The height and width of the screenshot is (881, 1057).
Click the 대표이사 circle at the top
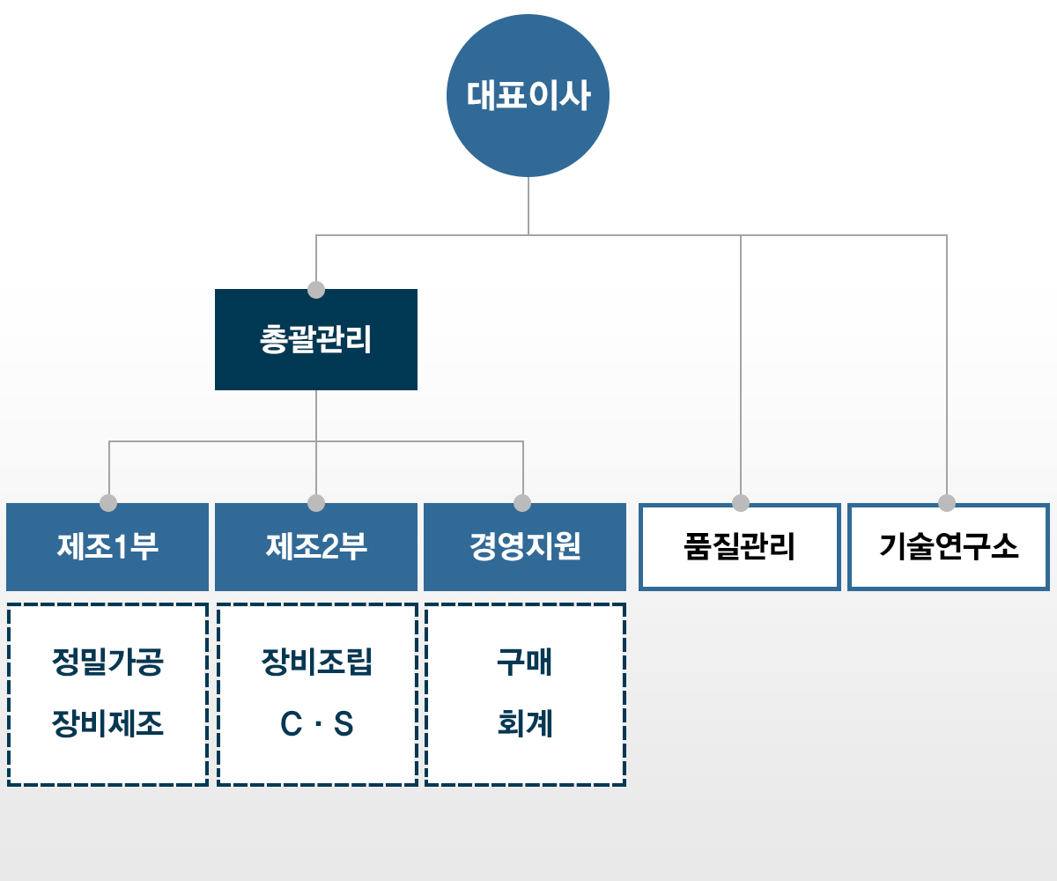point(528,96)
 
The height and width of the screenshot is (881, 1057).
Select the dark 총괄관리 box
point(316,339)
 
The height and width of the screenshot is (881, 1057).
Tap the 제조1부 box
point(107,547)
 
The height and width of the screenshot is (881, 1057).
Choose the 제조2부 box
point(316,547)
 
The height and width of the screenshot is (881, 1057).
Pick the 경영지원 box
point(525,547)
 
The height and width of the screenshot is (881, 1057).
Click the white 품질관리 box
point(740,547)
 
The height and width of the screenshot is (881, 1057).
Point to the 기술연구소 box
point(949,547)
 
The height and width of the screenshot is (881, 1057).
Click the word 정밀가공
point(107,662)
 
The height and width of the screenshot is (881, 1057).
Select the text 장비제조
point(107,723)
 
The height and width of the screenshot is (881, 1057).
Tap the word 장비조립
point(317,662)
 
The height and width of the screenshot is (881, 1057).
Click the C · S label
point(317,723)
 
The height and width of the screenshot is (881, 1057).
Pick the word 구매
point(525,662)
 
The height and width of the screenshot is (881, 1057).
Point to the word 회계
point(525,723)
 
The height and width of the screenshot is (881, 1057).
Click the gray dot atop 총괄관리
point(316,290)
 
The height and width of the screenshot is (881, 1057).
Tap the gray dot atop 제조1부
point(108,503)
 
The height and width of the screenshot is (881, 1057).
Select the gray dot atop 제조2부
point(316,503)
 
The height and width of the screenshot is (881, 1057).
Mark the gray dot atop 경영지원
point(522,503)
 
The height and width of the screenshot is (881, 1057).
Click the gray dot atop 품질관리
point(741,503)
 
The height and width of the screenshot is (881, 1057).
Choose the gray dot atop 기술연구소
point(947,503)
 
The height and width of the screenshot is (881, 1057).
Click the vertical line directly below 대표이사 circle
point(528,206)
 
